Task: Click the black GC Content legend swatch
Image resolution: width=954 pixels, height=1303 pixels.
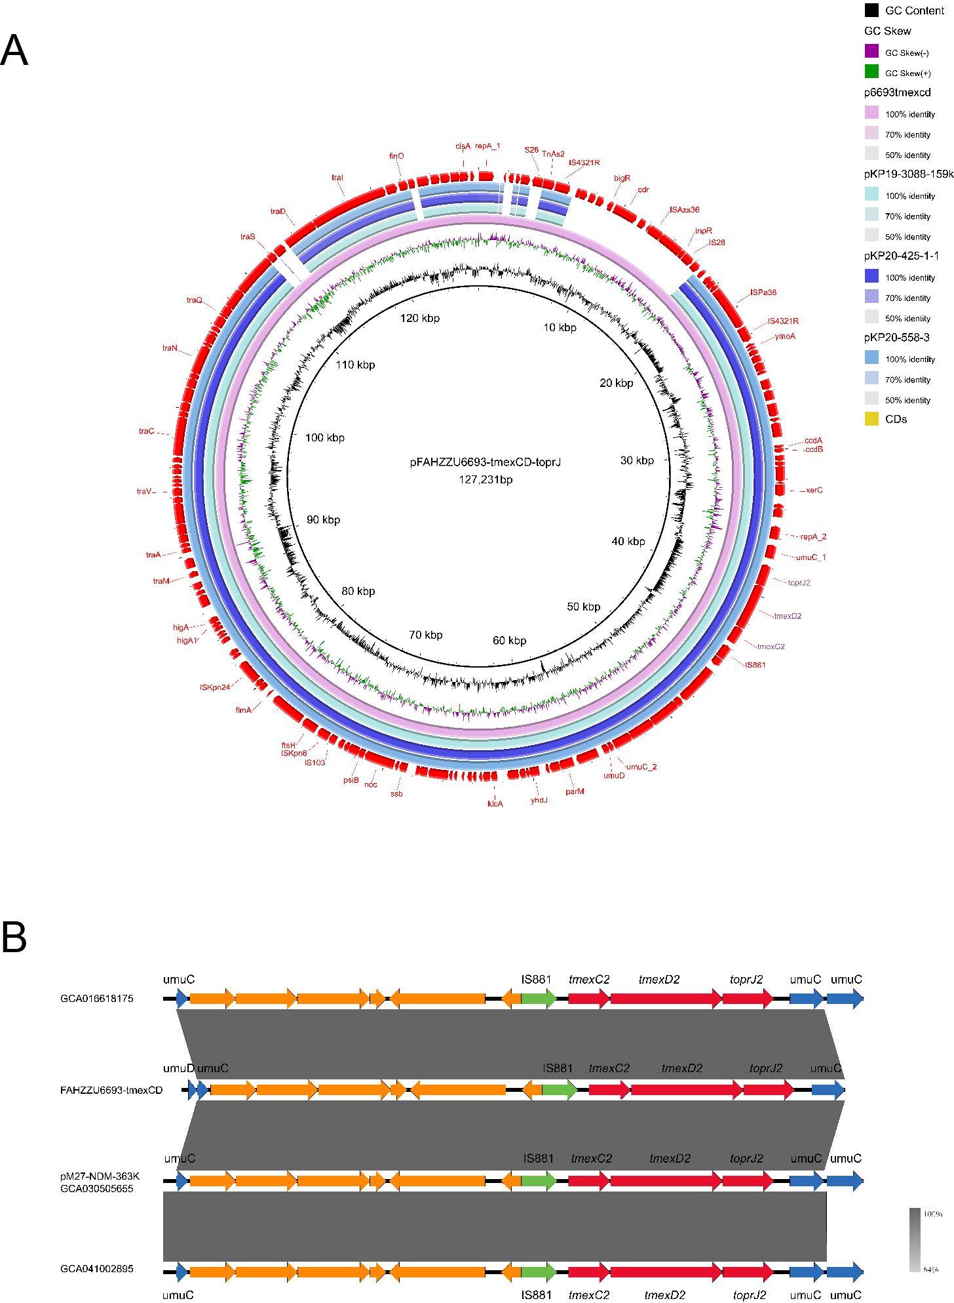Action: [x=871, y=10]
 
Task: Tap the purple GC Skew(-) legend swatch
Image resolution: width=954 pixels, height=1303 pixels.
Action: [x=871, y=51]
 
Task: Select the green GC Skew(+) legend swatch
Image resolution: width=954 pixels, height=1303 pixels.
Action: [x=871, y=71]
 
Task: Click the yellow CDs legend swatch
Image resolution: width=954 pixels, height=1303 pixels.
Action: [x=871, y=418]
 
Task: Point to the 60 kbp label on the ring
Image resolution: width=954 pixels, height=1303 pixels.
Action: [x=509, y=640]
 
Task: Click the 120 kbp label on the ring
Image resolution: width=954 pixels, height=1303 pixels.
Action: [x=420, y=318]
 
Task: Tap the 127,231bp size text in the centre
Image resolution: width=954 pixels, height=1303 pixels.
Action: [x=486, y=479]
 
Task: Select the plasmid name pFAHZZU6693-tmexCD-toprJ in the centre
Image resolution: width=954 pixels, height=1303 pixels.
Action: [x=486, y=462]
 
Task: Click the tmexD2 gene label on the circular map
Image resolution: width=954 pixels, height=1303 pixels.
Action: [x=788, y=616]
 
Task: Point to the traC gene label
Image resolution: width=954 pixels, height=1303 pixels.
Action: [x=146, y=431]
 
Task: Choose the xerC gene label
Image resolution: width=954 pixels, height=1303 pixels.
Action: [x=814, y=490]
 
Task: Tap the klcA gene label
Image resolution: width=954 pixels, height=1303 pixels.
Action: [x=495, y=803]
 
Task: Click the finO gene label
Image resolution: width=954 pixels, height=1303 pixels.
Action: [x=396, y=156]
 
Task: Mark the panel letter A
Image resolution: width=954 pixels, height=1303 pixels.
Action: [x=14, y=50]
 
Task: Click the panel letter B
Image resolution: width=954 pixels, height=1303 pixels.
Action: [x=14, y=937]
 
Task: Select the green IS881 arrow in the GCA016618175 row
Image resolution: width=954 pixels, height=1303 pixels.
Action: [x=539, y=999]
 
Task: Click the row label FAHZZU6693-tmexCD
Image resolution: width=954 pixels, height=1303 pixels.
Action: [x=111, y=1090]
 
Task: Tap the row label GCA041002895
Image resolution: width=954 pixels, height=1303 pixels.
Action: [x=96, y=1268]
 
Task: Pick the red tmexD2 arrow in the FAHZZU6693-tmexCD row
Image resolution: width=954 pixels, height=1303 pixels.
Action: [x=686, y=1090]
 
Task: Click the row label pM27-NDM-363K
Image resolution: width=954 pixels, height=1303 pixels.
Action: [x=100, y=1176]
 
